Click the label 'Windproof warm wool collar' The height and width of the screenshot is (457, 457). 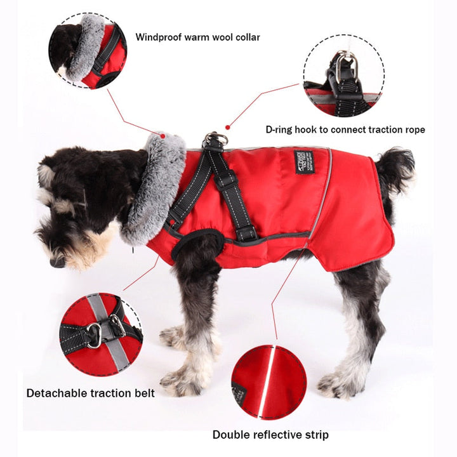(198, 37)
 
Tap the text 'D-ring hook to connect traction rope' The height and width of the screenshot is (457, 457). (345, 129)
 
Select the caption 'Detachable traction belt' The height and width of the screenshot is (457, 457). (90, 393)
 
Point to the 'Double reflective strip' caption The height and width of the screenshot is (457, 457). (270, 435)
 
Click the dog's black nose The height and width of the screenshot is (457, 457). (56, 262)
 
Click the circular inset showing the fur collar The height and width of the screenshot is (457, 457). (87, 51)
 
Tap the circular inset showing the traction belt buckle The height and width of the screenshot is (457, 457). (101, 334)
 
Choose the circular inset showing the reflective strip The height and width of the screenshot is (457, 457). (268, 383)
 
